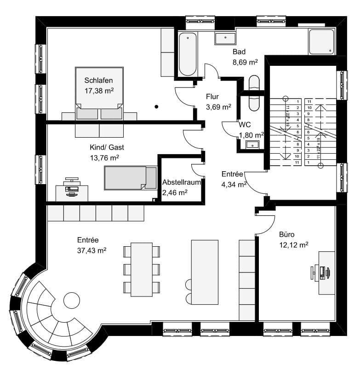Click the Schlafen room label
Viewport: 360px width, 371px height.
tap(99, 81)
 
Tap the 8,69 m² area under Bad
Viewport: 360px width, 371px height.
tap(245, 61)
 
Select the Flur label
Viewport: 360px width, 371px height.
tap(212, 97)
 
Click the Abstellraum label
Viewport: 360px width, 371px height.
tap(181, 182)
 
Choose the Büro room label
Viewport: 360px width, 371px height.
tap(287, 234)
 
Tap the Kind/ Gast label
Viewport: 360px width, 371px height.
tap(107, 147)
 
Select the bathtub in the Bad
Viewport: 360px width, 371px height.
tap(188, 54)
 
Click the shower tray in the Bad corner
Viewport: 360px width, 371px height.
tap(322, 42)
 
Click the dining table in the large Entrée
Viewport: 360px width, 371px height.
tap(142, 269)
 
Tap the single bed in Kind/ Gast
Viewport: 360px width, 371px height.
tap(130, 178)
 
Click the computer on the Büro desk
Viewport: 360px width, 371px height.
tap(321, 272)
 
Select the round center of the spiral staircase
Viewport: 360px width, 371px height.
tap(72, 301)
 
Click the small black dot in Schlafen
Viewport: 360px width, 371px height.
tap(156, 107)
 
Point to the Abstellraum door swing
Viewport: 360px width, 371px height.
tap(198, 169)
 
